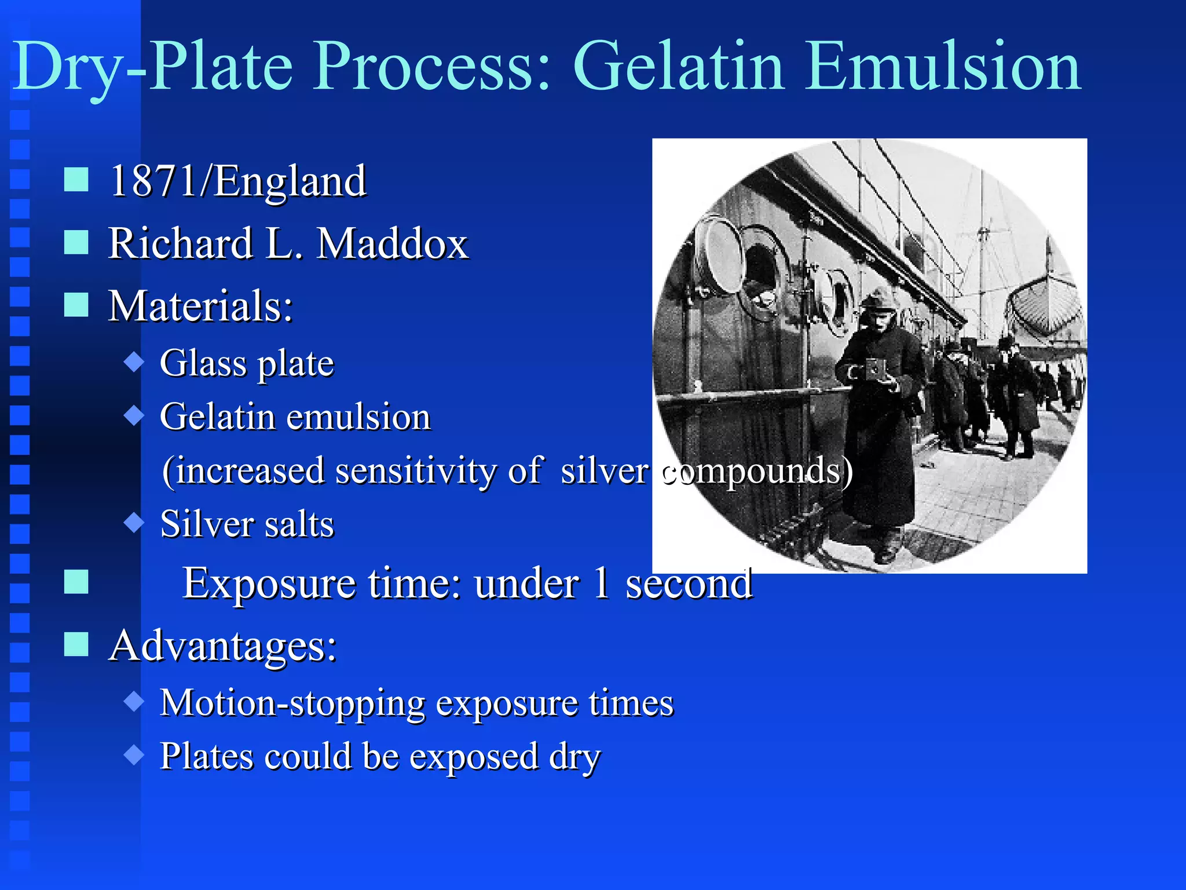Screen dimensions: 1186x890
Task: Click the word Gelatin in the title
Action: (x=678, y=67)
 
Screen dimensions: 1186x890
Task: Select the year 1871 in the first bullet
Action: (x=153, y=181)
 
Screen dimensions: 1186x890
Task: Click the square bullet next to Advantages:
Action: (x=76, y=644)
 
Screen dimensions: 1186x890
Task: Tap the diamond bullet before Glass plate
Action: (x=134, y=362)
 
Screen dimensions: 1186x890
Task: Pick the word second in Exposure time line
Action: (x=689, y=583)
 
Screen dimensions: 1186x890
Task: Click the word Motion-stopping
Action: (x=292, y=703)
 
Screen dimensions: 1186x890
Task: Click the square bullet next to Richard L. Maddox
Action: (x=76, y=242)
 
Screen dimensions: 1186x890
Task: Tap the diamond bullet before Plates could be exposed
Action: (x=134, y=755)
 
